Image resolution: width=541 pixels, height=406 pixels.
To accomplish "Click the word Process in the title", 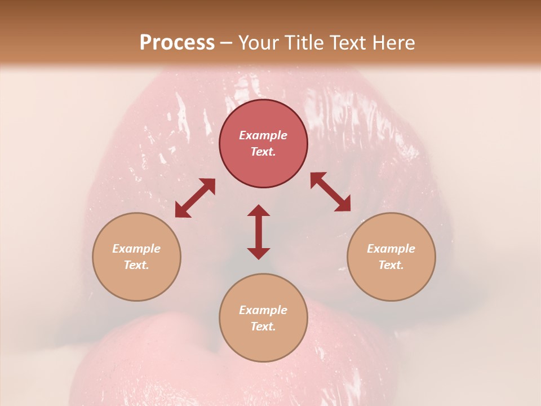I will point(177,43).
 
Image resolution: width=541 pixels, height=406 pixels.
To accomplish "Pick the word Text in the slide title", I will point(348,43).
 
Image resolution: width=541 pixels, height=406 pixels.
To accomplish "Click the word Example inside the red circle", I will point(263,135).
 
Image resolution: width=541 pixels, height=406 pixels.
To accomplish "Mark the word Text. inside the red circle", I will point(263,152).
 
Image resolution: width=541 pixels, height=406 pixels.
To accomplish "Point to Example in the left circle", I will point(136,249).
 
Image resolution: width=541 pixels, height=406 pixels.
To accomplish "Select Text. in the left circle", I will point(136,265).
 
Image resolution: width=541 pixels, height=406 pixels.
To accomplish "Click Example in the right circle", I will point(391,249).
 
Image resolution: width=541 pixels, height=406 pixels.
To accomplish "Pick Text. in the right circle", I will point(391,265).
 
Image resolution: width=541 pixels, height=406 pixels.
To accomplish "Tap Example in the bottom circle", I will point(263,310).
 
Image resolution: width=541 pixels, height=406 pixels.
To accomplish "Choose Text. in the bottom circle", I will point(263,326).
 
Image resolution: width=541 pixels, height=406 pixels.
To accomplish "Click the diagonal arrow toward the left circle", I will point(195,198).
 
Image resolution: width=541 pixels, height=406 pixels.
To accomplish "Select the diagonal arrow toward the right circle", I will point(331,192).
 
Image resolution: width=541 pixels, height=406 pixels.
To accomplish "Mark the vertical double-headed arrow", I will point(259,232).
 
